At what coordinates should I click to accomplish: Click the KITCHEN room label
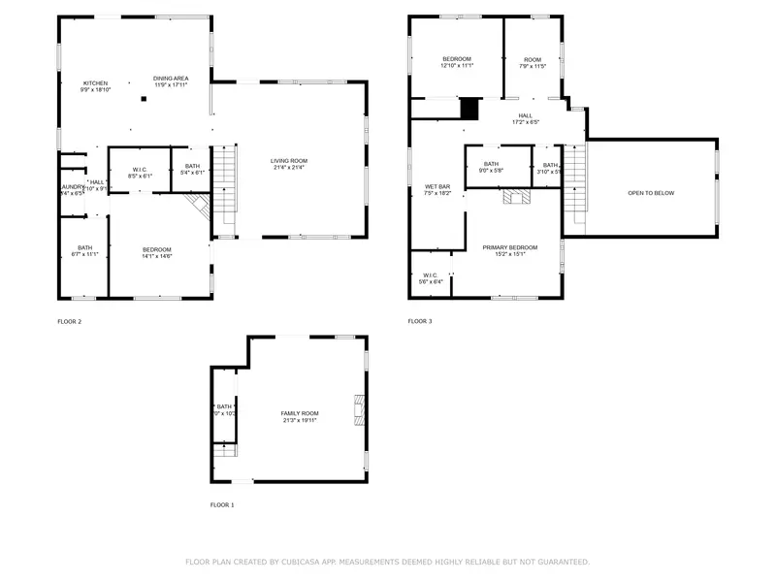95,84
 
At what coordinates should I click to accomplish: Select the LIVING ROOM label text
288,164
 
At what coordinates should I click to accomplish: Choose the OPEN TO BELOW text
650,193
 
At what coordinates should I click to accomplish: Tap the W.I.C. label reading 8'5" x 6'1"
139,173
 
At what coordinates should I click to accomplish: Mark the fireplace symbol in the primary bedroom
513,198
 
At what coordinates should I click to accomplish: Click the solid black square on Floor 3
470,108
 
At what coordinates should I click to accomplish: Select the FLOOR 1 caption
222,504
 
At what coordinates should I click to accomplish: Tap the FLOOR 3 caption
420,321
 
